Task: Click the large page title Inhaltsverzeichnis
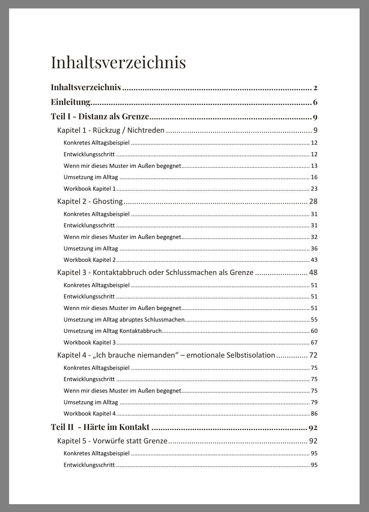tap(118, 62)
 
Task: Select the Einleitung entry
tap(70, 102)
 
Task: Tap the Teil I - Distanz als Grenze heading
tap(100, 116)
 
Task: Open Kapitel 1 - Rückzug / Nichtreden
tap(111, 130)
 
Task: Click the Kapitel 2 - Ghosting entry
tap(90, 201)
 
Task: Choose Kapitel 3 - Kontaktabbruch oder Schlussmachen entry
tap(155, 272)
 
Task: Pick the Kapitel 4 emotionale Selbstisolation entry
tap(166, 355)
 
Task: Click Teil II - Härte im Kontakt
tap(100, 427)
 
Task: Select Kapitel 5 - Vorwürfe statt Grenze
tap(112, 441)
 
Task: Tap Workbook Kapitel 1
tap(90, 189)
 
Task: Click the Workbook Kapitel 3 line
tap(90, 343)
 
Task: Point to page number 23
tap(314, 189)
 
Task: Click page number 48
tap(313, 272)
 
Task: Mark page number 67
tap(314, 343)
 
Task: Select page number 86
tap(314, 414)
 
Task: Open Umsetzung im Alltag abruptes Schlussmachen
tap(124, 320)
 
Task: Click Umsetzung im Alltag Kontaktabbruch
tap(112, 331)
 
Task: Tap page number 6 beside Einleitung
tap(315, 102)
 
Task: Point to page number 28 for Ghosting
tap(313, 201)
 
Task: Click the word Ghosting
tap(107, 201)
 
